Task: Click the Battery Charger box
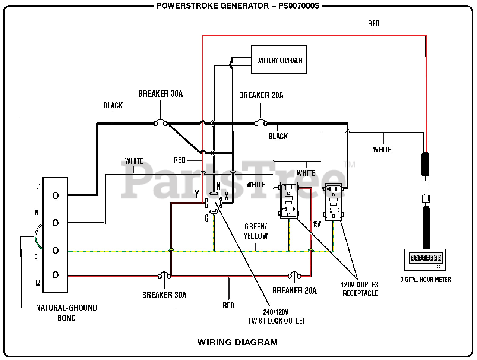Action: click(x=279, y=60)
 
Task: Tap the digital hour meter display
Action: click(x=426, y=258)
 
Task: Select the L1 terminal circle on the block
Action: click(x=56, y=196)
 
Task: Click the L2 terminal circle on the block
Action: click(x=56, y=275)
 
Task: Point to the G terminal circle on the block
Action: click(x=56, y=251)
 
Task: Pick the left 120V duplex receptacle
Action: click(x=288, y=200)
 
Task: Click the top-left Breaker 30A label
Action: click(x=160, y=94)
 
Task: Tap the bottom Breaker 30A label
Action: click(x=164, y=295)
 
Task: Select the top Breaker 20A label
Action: click(x=261, y=95)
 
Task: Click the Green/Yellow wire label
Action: click(x=256, y=231)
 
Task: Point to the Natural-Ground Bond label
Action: click(x=66, y=313)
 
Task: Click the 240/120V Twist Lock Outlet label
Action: click(x=277, y=316)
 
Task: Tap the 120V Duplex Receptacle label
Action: click(x=360, y=289)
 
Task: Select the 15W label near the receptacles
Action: click(x=317, y=224)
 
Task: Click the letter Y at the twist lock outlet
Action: click(x=197, y=194)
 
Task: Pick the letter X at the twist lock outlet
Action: click(x=227, y=196)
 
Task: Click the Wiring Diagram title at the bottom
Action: click(x=237, y=342)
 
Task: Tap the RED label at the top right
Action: click(x=373, y=24)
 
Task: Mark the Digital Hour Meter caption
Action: click(x=425, y=280)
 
